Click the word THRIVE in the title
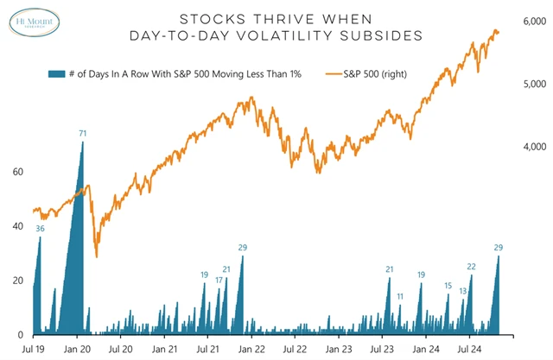[x=270, y=18]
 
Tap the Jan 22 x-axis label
[x=251, y=349]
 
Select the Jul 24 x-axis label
[x=468, y=349]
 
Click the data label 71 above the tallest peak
[x=83, y=133]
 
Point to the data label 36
[x=40, y=229]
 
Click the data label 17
[x=219, y=281]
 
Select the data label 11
[x=400, y=296]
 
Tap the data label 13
[x=463, y=291]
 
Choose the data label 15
[x=448, y=286]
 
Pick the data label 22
[x=471, y=267]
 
